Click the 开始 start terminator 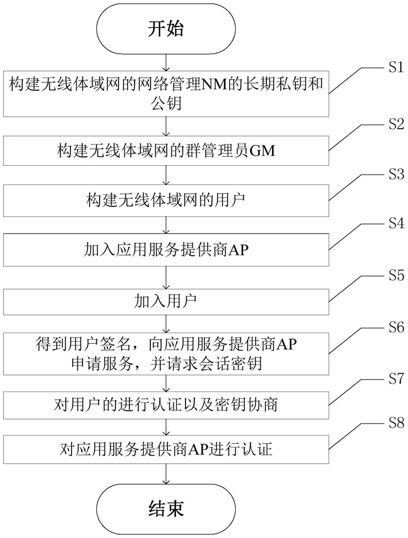coord(166,29)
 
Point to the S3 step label coord(392,175)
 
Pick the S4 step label coord(392,224)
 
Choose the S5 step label coord(392,274)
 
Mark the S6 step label coord(392,327)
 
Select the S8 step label coord(392,424)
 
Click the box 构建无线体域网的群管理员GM coord(166,150)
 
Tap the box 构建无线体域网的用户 coord(166,200)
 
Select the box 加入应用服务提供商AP coord(166,249)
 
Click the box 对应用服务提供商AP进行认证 coord(166,449)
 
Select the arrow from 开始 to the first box coord(166,61)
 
